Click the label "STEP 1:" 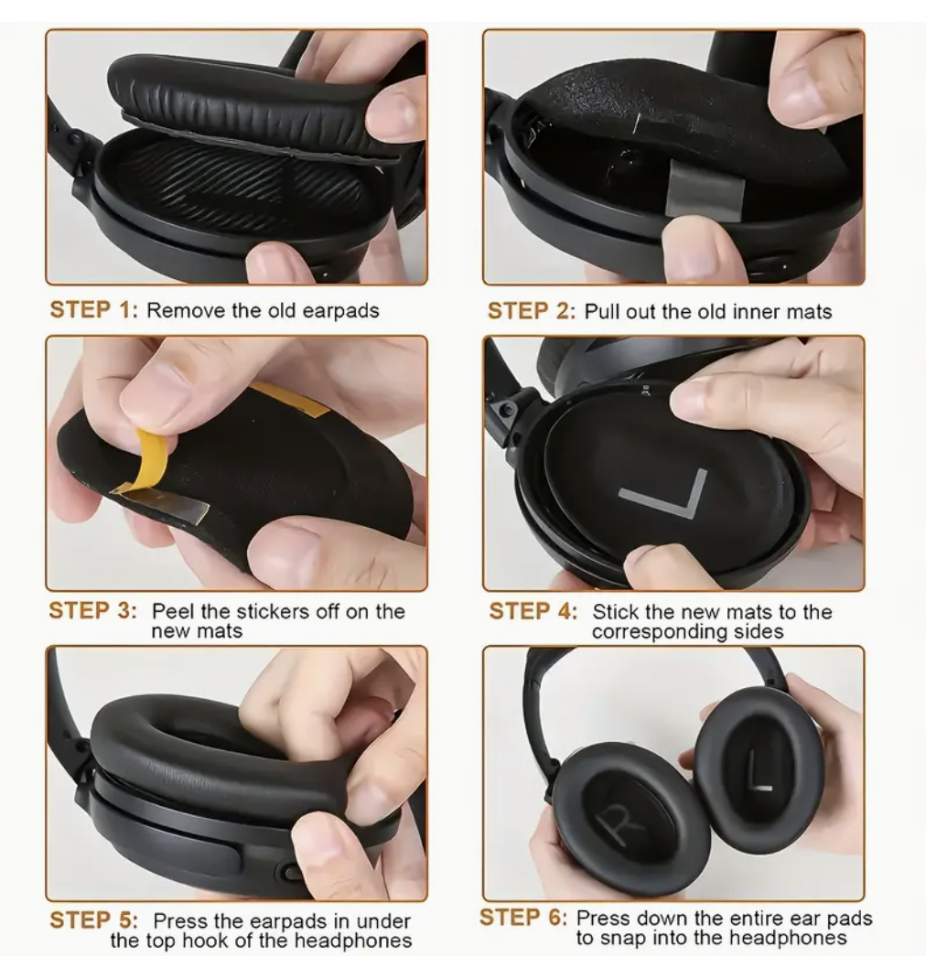coord(92,310)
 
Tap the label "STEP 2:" coord(530,311)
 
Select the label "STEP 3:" coord(92,611)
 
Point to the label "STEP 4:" coord(533,611)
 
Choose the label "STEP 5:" coord(92,920)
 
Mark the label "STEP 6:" coord(522,918)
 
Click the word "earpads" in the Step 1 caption coord(333,310)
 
